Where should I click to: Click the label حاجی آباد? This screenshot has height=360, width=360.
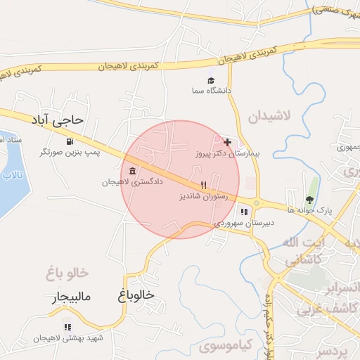click(x=57, y=120)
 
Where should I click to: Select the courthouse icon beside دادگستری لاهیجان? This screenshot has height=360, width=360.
click(x=133, y=172)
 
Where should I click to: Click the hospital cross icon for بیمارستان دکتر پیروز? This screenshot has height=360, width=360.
click(x=226, y=141)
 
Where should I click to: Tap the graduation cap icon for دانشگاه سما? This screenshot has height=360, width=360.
click(x=210, y=80)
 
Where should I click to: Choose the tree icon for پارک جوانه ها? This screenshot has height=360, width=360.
click(x=310, y=199)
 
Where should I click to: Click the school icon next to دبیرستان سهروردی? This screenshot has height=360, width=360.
click(x=244, y=212)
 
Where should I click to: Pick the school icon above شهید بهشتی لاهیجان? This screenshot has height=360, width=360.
click(x=67, y=327)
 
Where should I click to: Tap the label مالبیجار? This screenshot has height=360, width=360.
click(x=71, y=297)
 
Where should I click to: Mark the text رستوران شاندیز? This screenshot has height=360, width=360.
click(x=204, y=198)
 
